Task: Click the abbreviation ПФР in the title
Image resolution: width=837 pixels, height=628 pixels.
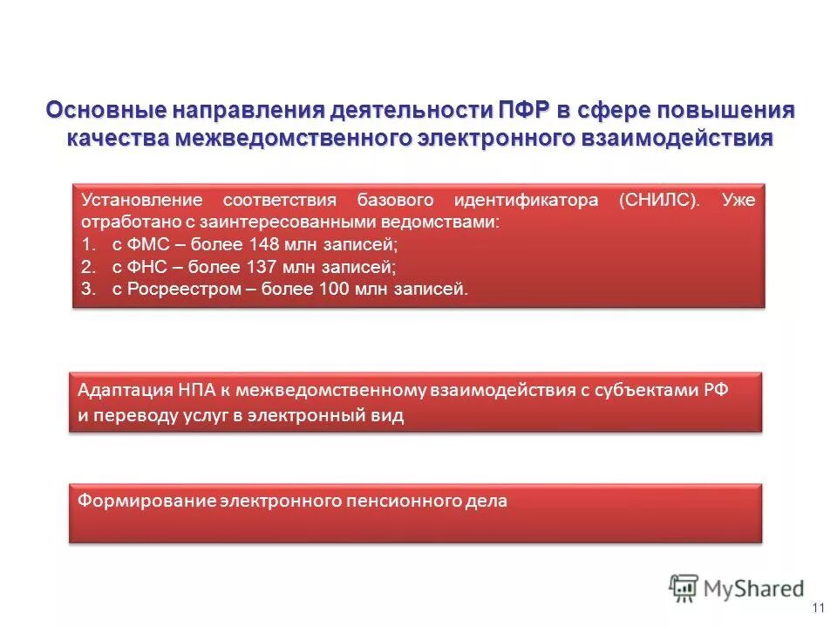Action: pos(524,111)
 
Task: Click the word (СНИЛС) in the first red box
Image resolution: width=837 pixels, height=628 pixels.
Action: pos(660,200)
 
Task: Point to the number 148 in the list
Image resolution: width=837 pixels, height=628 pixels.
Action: pos(262,245)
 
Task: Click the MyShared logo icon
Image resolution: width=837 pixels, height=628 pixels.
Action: pos(684,588)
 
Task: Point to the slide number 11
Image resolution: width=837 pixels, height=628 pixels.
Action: pos(817,608)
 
